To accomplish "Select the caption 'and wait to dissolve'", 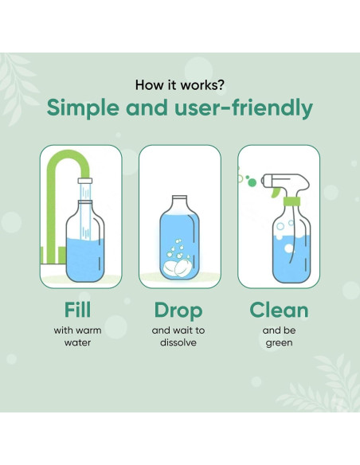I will coord(179,337).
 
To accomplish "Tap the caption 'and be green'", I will coord(280,337).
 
